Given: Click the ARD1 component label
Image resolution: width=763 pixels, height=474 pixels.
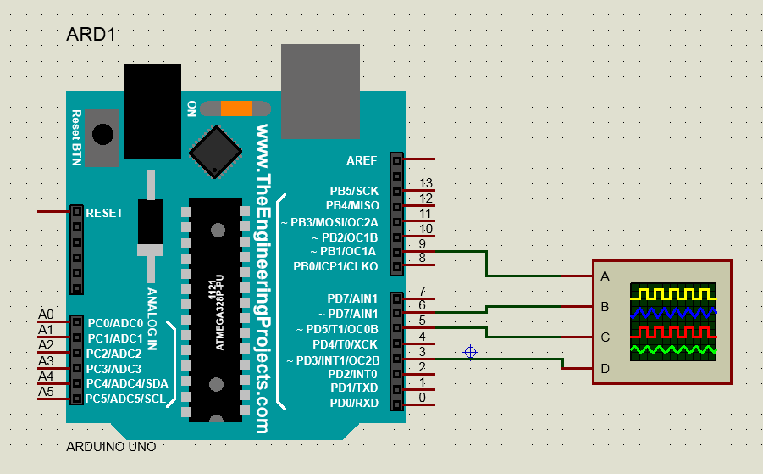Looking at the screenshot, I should click(x=90, y=35).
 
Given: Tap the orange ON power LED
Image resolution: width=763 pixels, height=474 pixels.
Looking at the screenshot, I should click(x=236, y=109).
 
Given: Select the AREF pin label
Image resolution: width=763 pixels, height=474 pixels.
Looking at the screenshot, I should click(x=362, y=159).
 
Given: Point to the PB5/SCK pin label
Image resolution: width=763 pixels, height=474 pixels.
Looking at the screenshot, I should click(x=354, y=191).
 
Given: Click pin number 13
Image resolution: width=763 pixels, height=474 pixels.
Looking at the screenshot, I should click(x=426, y=183).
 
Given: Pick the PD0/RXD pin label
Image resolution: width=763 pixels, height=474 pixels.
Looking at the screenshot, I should click(x=354, y=403).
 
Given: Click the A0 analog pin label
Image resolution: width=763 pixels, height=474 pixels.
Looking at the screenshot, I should click(x=46, y=315).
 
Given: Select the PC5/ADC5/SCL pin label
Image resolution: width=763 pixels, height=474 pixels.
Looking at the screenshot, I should click(x=126, y=399).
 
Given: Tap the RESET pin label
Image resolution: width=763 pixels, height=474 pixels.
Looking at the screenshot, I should click(x=104, y=213).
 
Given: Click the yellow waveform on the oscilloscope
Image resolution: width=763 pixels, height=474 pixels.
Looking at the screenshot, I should click(x=673, y=293).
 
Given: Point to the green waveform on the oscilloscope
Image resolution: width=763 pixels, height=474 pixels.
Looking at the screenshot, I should click(x=673, y=349).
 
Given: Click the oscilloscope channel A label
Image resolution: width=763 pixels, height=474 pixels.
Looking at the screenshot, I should click(x=605, y=276).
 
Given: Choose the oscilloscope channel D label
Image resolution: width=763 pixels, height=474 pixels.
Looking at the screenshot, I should click(x=605, y=369).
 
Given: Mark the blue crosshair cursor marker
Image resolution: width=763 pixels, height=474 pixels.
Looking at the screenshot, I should click(x=471, y=352).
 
